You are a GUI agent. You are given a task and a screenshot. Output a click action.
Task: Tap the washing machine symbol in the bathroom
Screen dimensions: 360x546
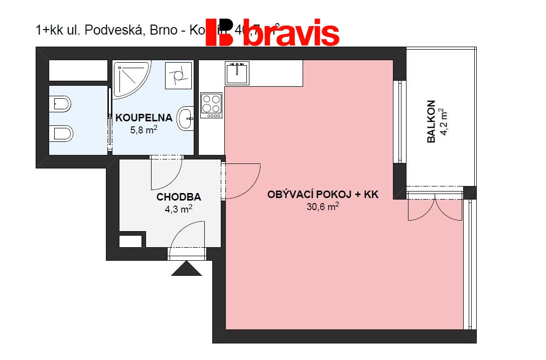tap(178, 76)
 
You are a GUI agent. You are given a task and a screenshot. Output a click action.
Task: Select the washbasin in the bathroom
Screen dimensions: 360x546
tap(186, 119)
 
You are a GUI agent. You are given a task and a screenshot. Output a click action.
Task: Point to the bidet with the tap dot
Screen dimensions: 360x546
tap(60, 104)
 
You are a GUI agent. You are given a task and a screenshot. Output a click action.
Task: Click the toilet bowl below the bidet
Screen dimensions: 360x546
tap(62, 134)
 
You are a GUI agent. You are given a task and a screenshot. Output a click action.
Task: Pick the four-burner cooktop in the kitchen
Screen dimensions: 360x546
tap(211, 105)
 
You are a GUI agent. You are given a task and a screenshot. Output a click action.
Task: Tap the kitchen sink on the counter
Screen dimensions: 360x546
tap(236, 73)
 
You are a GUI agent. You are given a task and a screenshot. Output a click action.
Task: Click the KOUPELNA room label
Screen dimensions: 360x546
tap(144, 118)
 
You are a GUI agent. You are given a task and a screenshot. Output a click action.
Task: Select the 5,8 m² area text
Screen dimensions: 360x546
tap(144, 130)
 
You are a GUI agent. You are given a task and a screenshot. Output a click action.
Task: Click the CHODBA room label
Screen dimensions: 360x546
tap(179, 197)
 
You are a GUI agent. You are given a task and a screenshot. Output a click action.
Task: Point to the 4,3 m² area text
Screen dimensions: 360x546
tap(179, 209)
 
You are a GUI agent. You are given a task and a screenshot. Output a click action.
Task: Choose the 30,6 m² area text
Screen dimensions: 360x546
tap(323, 207)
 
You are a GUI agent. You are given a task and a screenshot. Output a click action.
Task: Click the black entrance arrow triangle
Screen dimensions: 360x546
tap(186, 269)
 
